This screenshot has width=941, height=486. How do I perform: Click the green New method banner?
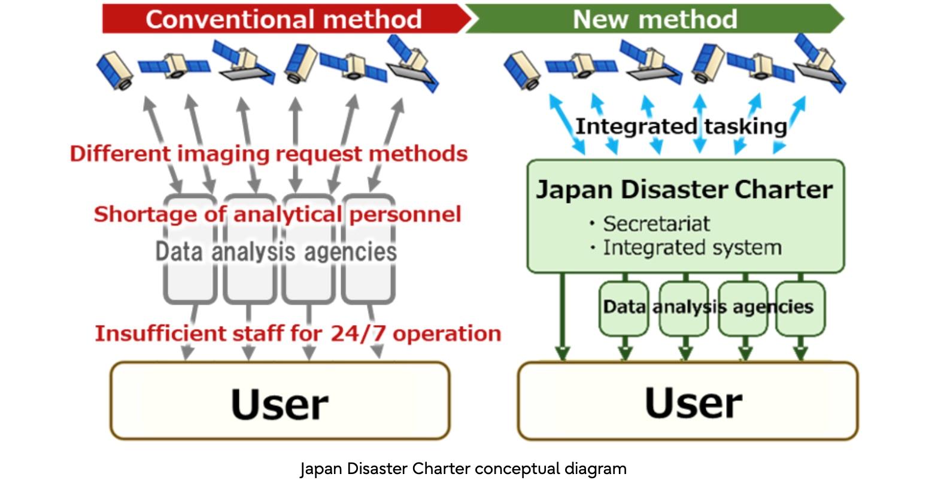[654, 19]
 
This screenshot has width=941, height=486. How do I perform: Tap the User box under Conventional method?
[280, 401]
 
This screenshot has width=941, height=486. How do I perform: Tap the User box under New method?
[687, 401]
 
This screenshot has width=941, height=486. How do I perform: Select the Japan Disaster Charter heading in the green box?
[684, 190]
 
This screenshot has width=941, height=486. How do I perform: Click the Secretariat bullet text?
[656, 224]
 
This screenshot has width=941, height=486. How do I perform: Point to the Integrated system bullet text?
[692, 248]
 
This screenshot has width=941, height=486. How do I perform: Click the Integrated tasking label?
[681, 126]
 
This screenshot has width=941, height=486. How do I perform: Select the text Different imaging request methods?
[268, 154]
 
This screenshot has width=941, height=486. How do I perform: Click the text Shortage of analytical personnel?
[277, 214]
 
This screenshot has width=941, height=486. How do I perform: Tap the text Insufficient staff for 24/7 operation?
[298, 333]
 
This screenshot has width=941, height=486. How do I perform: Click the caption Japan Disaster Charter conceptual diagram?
[463, 469]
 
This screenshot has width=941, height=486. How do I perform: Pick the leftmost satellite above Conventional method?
[116, 70]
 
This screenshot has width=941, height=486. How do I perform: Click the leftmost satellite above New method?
[522, 70]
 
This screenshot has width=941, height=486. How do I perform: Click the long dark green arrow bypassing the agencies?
[561, 317]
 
